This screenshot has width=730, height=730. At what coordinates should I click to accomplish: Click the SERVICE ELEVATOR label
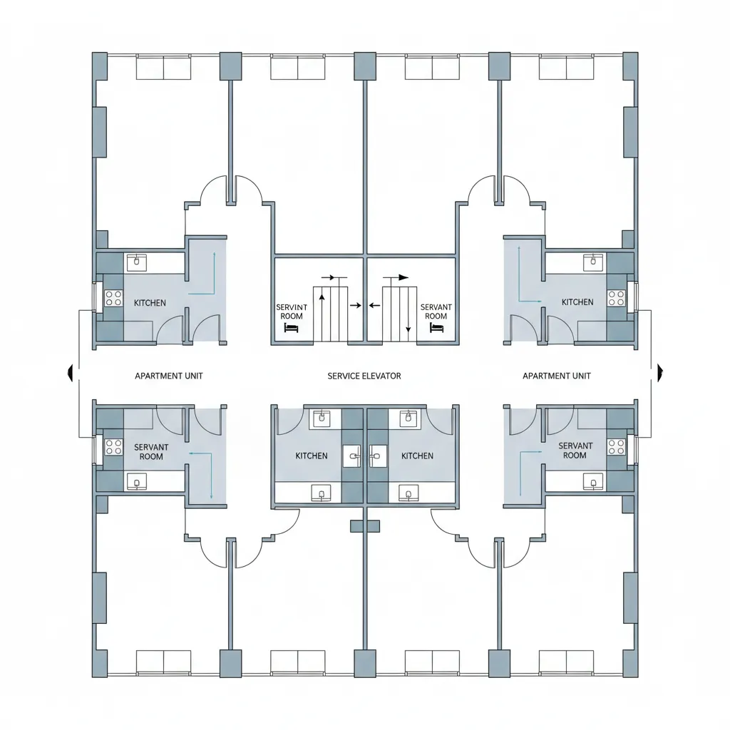[x=364, y=376]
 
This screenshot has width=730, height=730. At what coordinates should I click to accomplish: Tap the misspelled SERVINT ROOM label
[x=292, y=311]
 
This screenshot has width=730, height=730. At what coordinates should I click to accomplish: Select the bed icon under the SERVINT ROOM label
[x=290, y=328]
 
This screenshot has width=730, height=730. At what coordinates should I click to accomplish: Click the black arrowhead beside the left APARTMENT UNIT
[x=70, y=371]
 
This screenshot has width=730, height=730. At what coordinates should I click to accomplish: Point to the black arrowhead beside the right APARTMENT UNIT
[x=660, y=370]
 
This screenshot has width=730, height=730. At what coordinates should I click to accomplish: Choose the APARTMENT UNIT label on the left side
[x=169, y=376]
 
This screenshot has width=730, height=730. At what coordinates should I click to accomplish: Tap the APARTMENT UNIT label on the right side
[x=556, y=376]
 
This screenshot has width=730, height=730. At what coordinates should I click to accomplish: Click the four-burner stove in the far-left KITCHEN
[x=113, y=298]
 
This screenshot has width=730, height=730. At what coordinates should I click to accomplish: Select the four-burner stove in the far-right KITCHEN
[x=616, y=297]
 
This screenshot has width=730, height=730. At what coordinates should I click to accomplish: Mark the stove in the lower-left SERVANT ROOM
[x=113, y=447]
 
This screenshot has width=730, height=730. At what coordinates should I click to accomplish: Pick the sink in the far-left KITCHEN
[x=135, y=262]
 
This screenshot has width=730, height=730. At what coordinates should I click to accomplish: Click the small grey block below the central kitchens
[x=364, y=526]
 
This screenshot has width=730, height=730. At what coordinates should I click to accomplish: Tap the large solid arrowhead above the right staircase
[x=403, y=277]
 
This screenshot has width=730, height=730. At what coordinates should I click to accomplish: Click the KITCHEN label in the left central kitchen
[x=312, y=456]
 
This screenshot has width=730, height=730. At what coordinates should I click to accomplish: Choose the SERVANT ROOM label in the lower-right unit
[x=575, y=451]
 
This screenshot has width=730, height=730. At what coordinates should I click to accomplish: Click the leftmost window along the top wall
[x=163, y=68]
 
